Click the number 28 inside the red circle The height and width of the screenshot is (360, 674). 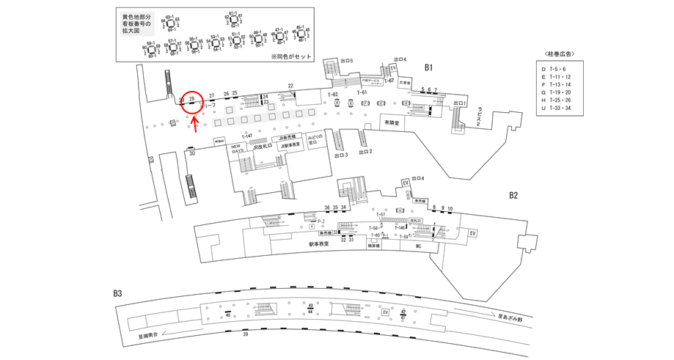192,98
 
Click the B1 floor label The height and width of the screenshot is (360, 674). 430,67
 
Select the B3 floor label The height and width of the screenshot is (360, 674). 117,294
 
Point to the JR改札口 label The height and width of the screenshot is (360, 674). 262,147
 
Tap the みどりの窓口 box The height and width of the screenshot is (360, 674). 314,140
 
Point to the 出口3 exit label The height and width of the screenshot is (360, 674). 340,155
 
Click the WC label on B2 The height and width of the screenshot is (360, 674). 420,246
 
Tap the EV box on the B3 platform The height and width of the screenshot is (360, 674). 384,312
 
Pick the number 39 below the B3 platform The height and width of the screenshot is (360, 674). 245,334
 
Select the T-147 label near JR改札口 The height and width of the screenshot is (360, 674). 246,136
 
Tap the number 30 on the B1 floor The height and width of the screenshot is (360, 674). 192,154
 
